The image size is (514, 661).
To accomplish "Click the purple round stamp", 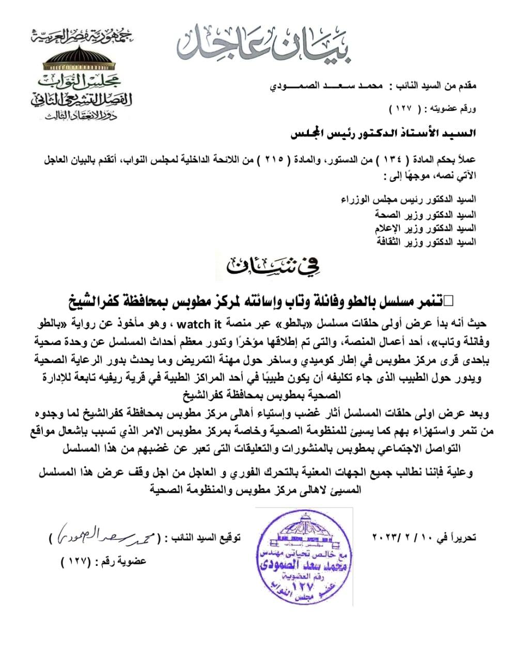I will point(304,557).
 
